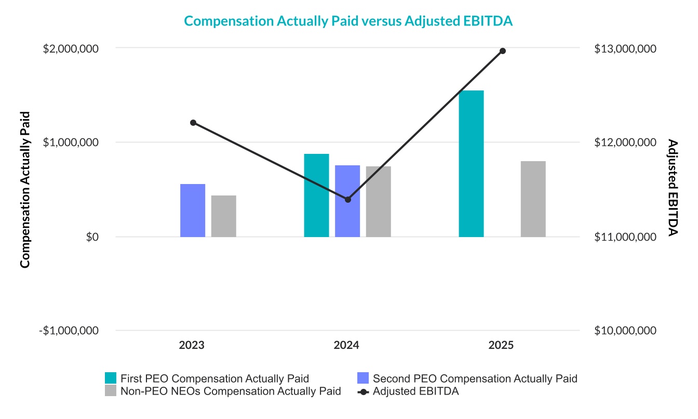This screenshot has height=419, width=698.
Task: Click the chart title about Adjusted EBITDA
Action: pyautogui.click(x=348, y=21)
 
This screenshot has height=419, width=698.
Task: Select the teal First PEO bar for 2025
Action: pyautogui.click(x=471, y=164)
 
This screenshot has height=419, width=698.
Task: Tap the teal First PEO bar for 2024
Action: pyautogui.click(x=316, y=195)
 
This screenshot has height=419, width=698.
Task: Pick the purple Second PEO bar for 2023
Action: pyautogui.click(x=193, y=211)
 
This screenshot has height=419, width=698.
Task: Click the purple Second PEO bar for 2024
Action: pyautogui.click(x=347, y=201)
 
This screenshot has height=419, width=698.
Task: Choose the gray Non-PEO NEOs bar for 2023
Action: pyautogui.click(x=224, y=216)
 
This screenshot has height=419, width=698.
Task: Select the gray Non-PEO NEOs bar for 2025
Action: pyautogui.click(x=533, y=199)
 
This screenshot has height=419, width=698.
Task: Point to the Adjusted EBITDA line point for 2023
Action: pyautogui.click(x=193, y=123)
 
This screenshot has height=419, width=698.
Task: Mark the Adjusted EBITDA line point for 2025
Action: pyautogui.click(x=503, y=51)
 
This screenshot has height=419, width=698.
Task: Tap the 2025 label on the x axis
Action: pyautogui.click(x=502, y=345)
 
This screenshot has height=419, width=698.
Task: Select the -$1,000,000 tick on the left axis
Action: pyautogui.click(x=70, y=331)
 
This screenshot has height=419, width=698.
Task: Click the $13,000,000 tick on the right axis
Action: pyautogui.click(x=625, y=48)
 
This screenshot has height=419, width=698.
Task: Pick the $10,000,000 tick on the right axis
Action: pyautogui.click(x=625, y=331)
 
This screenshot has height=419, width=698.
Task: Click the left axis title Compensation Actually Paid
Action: pyautogui.click(x=25, y=190)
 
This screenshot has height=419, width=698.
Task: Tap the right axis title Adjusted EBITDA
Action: pyautogui.click(x=673, y=188)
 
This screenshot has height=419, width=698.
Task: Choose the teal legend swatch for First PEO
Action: pyautogui.click(x=111, y=378)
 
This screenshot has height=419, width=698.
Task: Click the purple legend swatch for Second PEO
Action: pyautogui.click(x=363, y=378)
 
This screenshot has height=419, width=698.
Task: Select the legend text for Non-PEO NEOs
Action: pyautogui.click(x=230, y=391)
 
